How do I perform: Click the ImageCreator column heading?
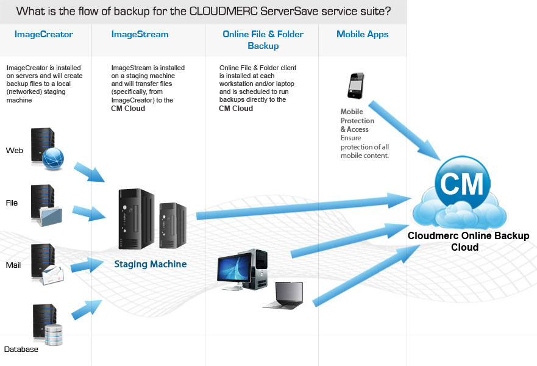click(43, 34)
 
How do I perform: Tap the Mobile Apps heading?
click(362, 34)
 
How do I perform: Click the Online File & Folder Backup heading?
click(263, 40)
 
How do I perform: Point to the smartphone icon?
click(356, 85)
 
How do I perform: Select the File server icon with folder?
click(46, 203)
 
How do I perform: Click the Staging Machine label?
click(151, 264)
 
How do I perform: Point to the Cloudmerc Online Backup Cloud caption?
click(468, 241)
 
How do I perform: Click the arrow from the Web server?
click(89, 171)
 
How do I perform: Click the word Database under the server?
click(21, 350)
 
